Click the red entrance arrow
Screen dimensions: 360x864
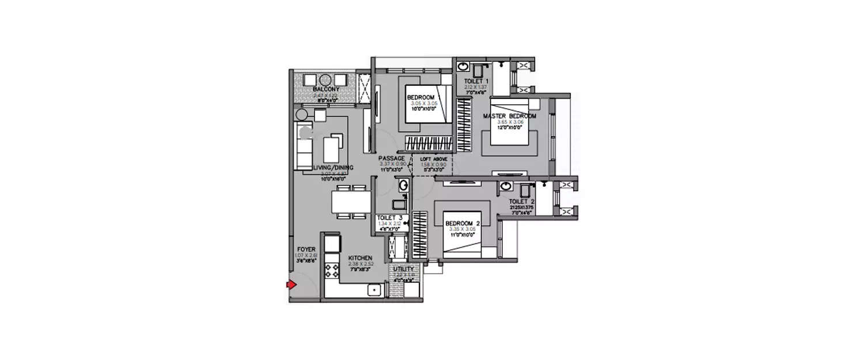coord(291,285)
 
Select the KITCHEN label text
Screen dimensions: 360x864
coord(359,258)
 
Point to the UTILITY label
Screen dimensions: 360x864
coord(403,269)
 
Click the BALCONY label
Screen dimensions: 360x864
coord(325,90)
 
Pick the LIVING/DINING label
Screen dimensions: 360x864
coord(333,168)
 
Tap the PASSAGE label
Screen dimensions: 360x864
coord(391,158)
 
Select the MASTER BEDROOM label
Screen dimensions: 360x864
coord(509,116)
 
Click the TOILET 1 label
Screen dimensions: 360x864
coord(476,81)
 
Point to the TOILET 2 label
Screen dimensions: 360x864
coord(522,202)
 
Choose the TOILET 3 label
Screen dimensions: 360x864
coord(389,218)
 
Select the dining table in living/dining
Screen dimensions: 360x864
coord(351,202)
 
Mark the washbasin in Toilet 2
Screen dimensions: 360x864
coord(506,187)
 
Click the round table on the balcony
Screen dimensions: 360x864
coord(325,80)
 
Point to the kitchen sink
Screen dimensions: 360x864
coord(373,290)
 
